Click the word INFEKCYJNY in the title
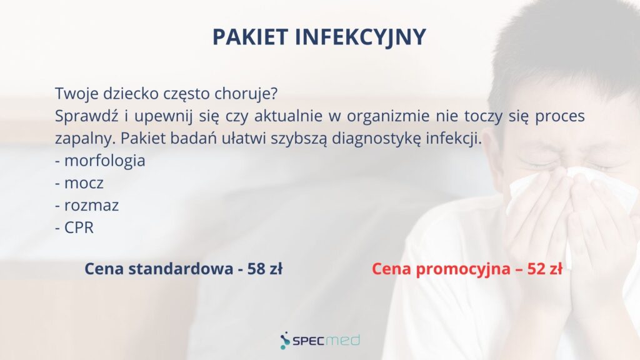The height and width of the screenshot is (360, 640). pyautogui.click(x=361, y=37)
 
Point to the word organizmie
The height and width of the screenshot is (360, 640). pyautogui.click(x=388, y=116)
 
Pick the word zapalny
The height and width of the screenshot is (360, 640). pyautogui.click(x=85, y=139)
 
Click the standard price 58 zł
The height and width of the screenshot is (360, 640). pyautogui.click(x=265, y=269)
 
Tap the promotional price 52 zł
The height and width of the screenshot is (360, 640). pyautogui.click(x=545, y=269)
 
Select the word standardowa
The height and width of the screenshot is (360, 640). pyautogui.click(x=181, y=269)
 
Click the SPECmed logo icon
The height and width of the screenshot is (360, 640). pyautogui.click(x=285, y=341)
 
